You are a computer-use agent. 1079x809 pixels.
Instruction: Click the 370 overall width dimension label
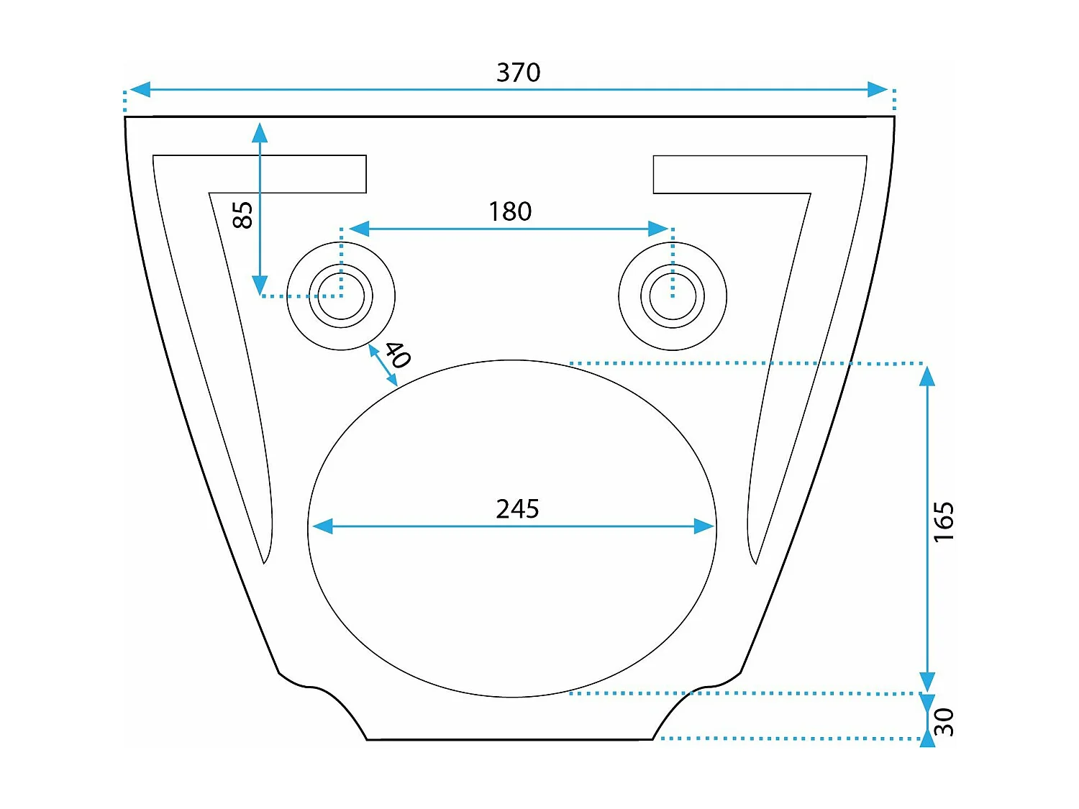(x=518, y=73)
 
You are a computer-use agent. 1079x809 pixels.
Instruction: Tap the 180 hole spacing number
(x=510, y=211)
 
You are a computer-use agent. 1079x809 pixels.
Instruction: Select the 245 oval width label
(x=517, y=509)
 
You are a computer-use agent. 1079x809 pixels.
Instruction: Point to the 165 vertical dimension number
(x=943, y=522)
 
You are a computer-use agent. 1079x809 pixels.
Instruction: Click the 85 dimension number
(x=243, y=215)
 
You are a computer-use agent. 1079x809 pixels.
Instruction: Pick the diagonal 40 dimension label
(x=397, y=355)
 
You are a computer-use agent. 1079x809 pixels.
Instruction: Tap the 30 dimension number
(x=944, y=721)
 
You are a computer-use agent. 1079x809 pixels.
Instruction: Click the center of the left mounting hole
(x=341, y=296)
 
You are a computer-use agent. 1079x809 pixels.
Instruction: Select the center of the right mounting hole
(x=673, y=296)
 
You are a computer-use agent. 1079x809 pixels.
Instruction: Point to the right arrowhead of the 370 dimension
(x=878, y=90)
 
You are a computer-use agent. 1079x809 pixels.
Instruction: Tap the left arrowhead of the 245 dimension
(x=323, y=526)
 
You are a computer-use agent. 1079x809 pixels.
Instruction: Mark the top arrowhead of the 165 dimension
(x=927, y=376)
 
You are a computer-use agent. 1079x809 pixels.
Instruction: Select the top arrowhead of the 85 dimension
(x=260, y=132)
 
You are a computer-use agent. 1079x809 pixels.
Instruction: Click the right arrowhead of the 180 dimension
(x=658, y=229)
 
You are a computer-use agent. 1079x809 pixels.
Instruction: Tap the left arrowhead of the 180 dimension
(x=359, y=229)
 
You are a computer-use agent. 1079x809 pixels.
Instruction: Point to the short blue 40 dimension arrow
(x=383, y=366)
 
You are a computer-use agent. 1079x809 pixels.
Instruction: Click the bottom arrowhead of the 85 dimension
(x=260, y=285)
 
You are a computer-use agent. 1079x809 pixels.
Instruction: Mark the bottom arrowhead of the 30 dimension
(x=927, y=739)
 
